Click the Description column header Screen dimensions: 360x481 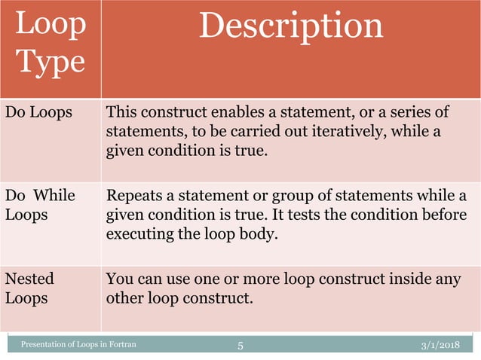click(x=291, y=27)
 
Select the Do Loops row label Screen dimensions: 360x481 click(x=39, y=113)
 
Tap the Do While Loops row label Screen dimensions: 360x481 click(x=41, y=205)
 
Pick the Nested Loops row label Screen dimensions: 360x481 click(x=30, y=288)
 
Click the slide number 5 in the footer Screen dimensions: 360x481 click(x=240, y=346)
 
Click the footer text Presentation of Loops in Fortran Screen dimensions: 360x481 click(x=78, y=346)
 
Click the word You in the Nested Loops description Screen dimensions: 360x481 click(x=119, y=279)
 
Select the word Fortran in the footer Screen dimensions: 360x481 click(x=124, y=346)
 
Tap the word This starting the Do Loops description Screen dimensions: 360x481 click(x=121, y=113)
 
